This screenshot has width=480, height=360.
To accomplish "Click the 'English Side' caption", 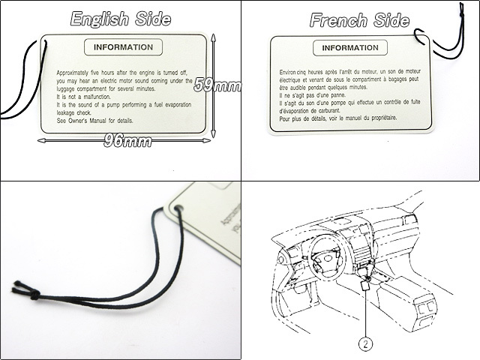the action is [x=120, y=19].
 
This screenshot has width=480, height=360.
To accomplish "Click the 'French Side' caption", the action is [x=360, y=20].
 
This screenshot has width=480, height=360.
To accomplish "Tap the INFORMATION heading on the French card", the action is [x=350, y=49].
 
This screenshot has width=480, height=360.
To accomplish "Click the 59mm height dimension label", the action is [x=217, y=85].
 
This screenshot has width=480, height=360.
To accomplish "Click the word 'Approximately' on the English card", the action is [x=76, y=73].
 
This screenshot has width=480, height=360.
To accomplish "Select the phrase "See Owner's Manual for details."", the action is [x=93, y=120].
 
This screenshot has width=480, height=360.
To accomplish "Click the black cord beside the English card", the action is [x=22, y=82].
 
